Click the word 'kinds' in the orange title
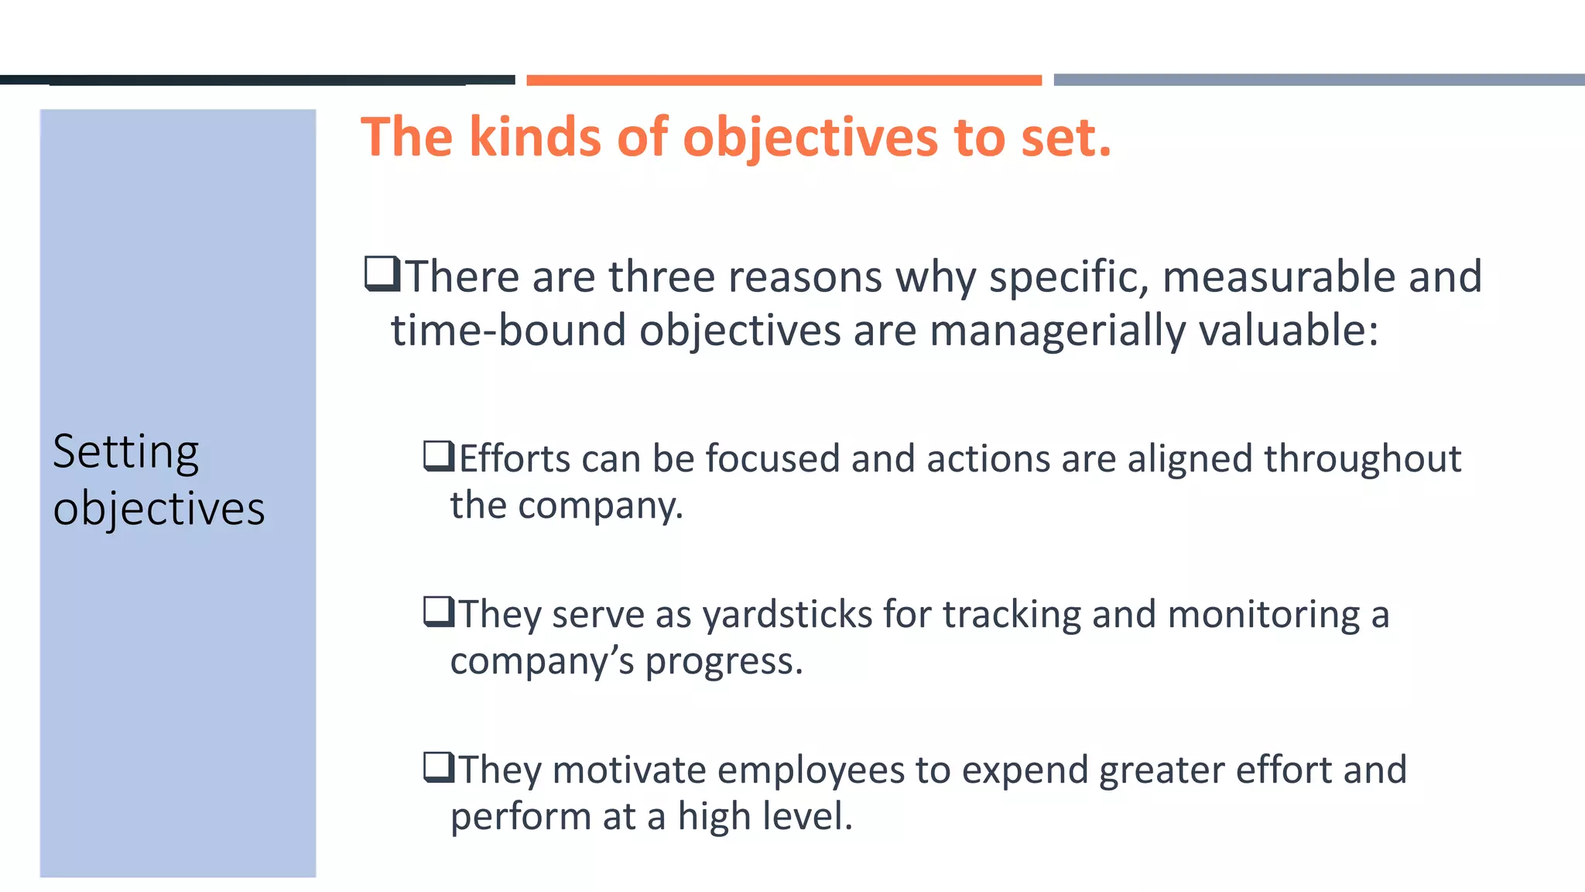tap(535, 137)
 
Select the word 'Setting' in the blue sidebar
tap(125, 452)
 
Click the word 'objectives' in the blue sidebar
tap(159, 509)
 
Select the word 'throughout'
tap(1362, 459)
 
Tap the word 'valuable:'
tap(1289, 330)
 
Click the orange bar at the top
tap(783, 80)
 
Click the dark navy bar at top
tap(257, 80)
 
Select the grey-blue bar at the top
tap(1318, 80)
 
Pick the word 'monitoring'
tap(1263, 616)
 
